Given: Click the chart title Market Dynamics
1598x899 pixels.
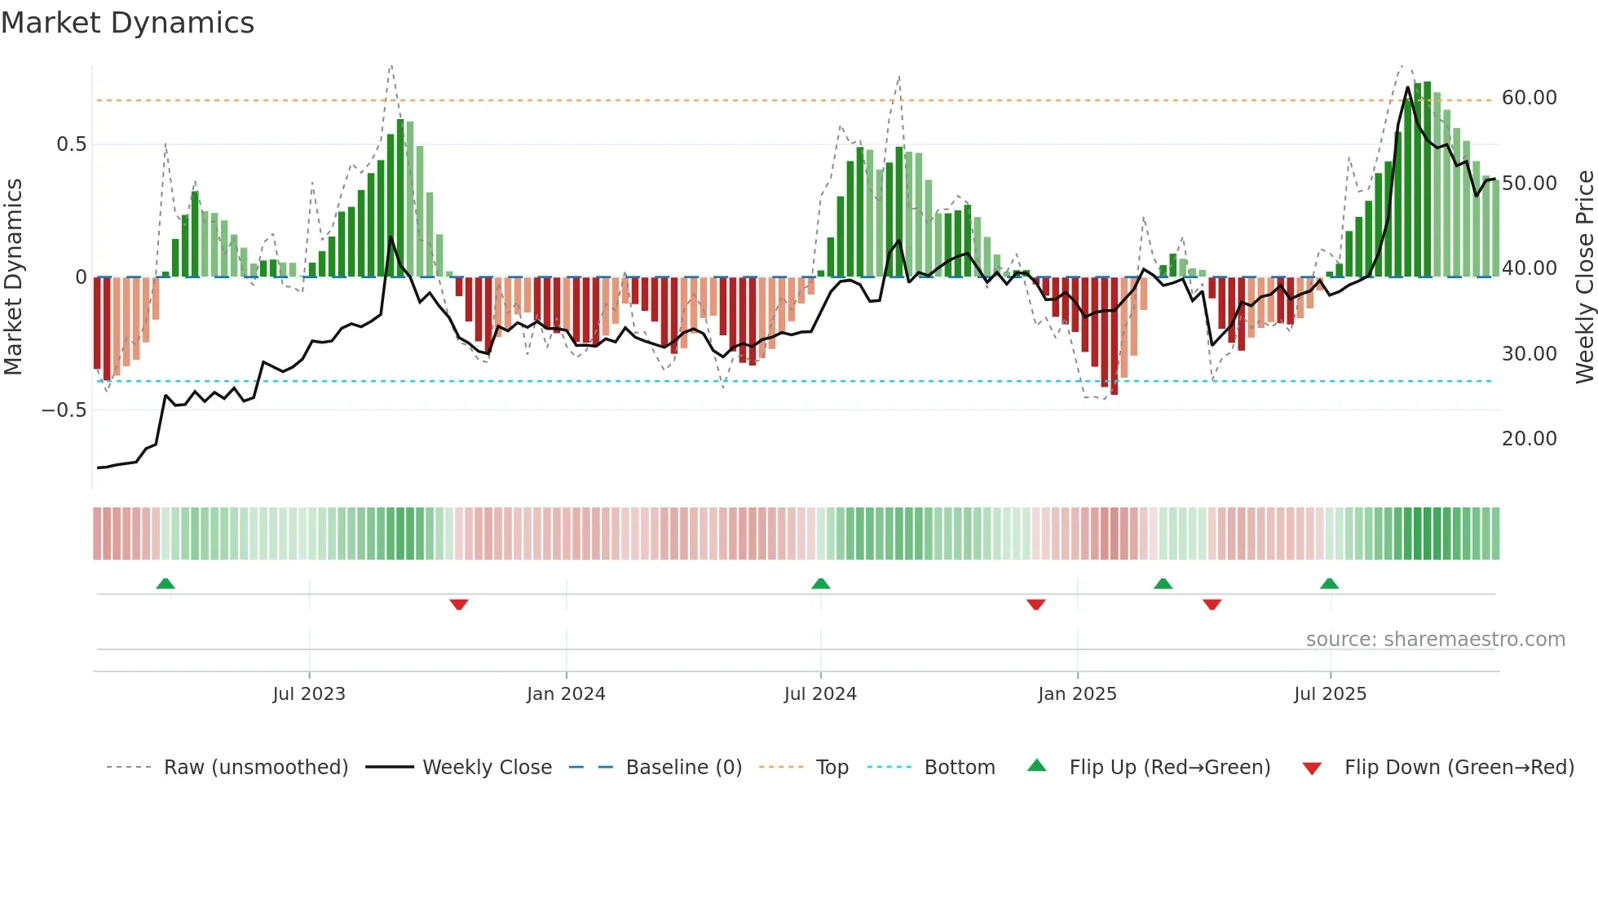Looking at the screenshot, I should pos(128,23).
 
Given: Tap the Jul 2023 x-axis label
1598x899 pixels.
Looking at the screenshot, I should pos(309,694).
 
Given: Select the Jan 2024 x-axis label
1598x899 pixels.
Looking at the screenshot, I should pos(566,694).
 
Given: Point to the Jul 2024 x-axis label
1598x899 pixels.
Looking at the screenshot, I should pos(820,694).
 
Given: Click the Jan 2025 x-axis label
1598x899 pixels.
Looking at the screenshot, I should pos(1077,694).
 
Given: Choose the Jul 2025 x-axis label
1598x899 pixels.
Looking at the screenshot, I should pos(1330,694).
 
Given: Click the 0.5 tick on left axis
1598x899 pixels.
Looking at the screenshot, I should pos(71,144).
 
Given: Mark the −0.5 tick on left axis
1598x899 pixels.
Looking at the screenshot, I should pos(64,410).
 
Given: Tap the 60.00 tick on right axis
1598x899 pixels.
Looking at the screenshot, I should pos(1529,98).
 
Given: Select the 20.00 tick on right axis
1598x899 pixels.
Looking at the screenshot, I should pos(1529,439).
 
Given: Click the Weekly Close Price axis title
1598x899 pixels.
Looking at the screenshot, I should pos(1584,277).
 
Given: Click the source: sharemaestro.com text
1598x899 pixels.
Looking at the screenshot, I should pos(1435,640).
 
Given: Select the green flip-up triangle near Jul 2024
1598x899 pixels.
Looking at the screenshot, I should pos(821,584).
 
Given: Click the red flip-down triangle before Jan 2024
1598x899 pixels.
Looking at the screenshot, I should pos(459,604).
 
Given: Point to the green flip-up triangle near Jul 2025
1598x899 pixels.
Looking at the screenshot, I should pos(1329,584).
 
